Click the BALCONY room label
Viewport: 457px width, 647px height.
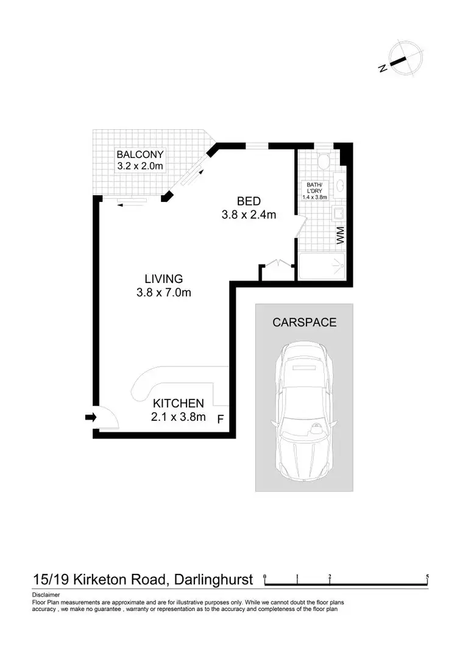click(140, 154)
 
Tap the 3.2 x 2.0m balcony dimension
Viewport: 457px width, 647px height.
click(140, 166)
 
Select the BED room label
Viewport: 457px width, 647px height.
click(249, 201)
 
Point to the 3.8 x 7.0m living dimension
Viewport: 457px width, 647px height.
click(163, 292)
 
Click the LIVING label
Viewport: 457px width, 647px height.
click(160, 279)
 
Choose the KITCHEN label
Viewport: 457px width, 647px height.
click(178, 403)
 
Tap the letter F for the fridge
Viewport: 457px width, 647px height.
click(221, 419)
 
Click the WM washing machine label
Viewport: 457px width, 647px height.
click(342, 235)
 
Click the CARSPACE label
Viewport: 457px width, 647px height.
click(304, 323)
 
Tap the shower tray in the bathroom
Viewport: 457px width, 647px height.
click(322, 267)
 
